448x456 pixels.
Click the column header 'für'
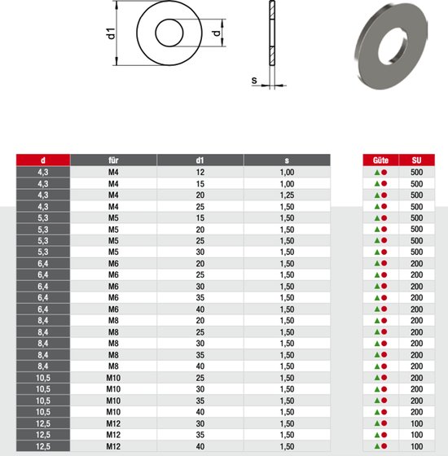pos(113,160)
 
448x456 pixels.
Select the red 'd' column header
pos(42,160)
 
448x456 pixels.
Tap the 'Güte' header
pos(380,160)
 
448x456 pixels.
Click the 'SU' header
pos(416,160)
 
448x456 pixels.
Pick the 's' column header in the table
pos(287,160)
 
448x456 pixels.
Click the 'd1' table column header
pos(200,160)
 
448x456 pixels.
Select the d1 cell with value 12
pos(200,173)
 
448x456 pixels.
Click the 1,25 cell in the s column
pos(287,195)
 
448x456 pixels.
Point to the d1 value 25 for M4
pos(200,207)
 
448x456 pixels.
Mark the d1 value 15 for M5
pos(200,218)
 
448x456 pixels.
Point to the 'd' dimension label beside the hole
pos(216,34)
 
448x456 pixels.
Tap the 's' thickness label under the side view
pos(254,81)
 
